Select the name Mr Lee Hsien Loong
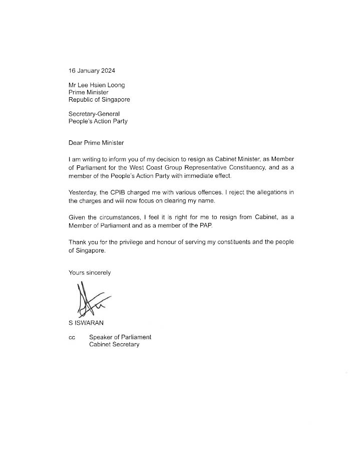97,85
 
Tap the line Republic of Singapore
99,99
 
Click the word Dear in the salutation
76,143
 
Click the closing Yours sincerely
90,273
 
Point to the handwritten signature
90,299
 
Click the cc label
72,338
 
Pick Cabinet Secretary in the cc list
114,345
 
